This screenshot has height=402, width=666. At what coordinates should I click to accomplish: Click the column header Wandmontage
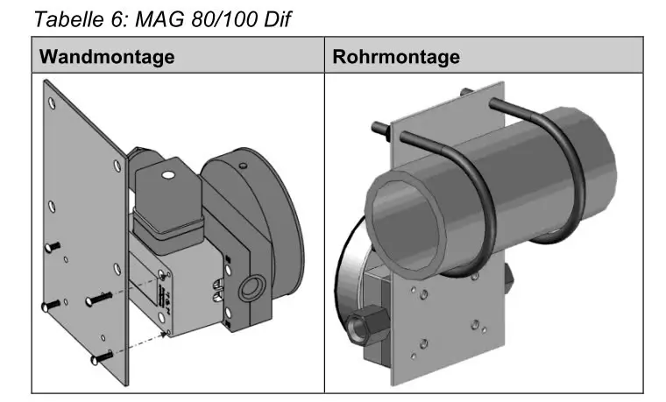[x=107, y=57]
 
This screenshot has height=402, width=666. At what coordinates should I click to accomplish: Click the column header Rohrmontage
[x=396, y=57]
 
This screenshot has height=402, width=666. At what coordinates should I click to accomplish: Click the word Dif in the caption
[x=277, y=19]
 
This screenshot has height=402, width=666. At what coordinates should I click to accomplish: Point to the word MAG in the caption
[x=160, y=19]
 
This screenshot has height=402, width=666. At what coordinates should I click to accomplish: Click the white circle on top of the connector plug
[x=168, y=174]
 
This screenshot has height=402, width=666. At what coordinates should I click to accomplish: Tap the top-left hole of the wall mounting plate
[x=53, y=102]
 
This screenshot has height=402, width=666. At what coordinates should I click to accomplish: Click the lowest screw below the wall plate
[x=102, y=358]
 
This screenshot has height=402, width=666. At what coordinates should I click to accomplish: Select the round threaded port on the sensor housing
[x=252, y=288]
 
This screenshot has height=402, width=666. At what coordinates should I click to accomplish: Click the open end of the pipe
[x=402, y=229]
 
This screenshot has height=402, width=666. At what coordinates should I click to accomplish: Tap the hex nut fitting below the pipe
[x=368, y=325]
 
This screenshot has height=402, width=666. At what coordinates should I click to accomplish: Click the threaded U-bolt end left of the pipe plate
[x=381, y=130]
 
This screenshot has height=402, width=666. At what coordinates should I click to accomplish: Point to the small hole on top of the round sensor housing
[x=243, y=166]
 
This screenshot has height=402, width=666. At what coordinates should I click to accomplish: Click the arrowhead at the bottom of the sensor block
[x=163, y=335]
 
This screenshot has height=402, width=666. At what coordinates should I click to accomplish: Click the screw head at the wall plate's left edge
[x=53, y=247]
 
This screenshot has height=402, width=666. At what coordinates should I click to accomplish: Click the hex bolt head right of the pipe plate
[x=509, y=278]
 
